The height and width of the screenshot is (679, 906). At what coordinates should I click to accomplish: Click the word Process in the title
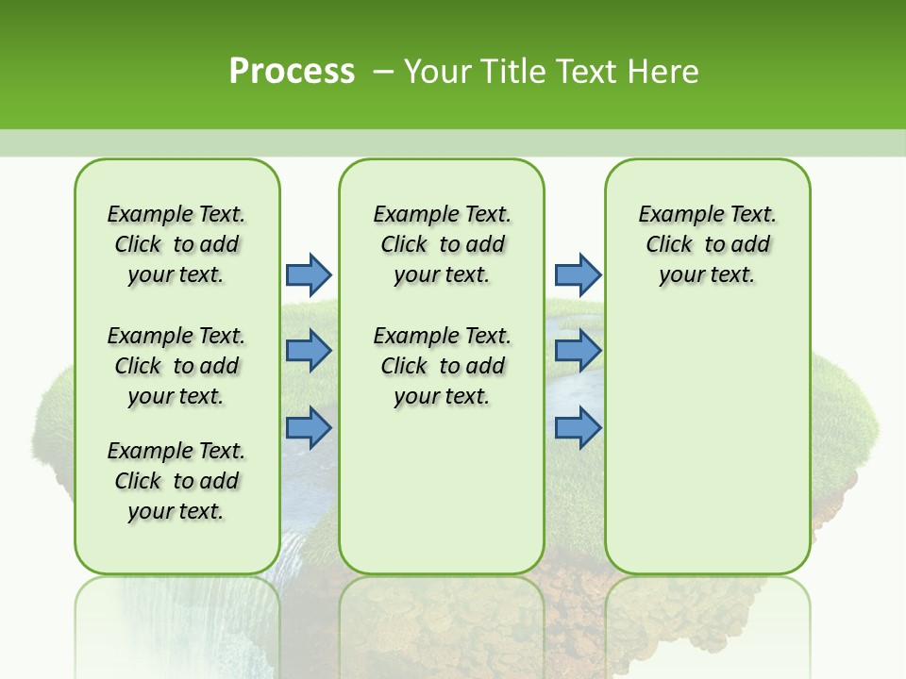tap(292, 71)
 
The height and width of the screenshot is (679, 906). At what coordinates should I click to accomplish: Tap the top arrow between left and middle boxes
tap(309, 274)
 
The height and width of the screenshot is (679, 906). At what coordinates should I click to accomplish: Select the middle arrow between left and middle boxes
tap(309, 351)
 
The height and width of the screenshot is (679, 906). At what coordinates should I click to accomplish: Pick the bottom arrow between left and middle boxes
tap(309, 427)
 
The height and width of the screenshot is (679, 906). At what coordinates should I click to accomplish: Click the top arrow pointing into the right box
tap(578, 274)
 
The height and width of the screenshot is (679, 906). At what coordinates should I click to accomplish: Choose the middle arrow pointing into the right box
tap(578, 351)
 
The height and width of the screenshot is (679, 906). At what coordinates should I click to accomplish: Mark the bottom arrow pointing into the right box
tap(578, 427)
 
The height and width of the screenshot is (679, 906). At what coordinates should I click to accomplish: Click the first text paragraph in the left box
tap(176, 244)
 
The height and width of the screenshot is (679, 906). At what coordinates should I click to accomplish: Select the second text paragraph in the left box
tap(176, 366)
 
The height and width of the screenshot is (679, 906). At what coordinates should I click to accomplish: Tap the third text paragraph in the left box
tap(176, 481)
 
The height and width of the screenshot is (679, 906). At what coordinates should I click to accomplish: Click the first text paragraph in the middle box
tap(443, 244)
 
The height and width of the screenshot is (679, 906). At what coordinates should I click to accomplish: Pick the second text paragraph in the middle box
tap(443, 366)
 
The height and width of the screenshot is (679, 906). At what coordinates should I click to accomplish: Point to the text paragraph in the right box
tap(708, 244)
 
